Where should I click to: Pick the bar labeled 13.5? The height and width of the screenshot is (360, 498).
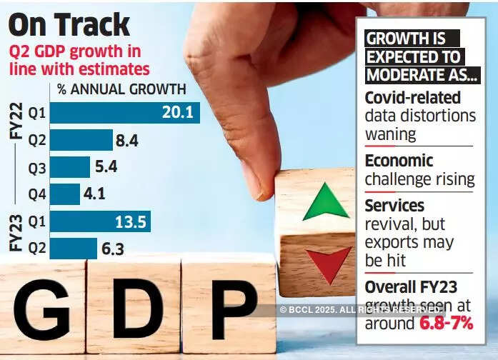[x=100, y=221]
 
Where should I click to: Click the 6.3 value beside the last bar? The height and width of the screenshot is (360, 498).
[x=115, y=248]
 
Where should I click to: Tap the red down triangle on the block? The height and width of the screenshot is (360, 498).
[x=329, y=264]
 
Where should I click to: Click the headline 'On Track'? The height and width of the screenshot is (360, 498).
[x=69, y=24]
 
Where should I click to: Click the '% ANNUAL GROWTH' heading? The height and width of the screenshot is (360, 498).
[x=121, y=89]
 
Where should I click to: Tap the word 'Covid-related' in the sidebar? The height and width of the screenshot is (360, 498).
[x=413, y=98]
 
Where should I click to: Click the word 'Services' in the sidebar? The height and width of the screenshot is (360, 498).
[x=394, y=206]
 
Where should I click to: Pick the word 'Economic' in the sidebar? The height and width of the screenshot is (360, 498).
[x=399, y=161]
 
